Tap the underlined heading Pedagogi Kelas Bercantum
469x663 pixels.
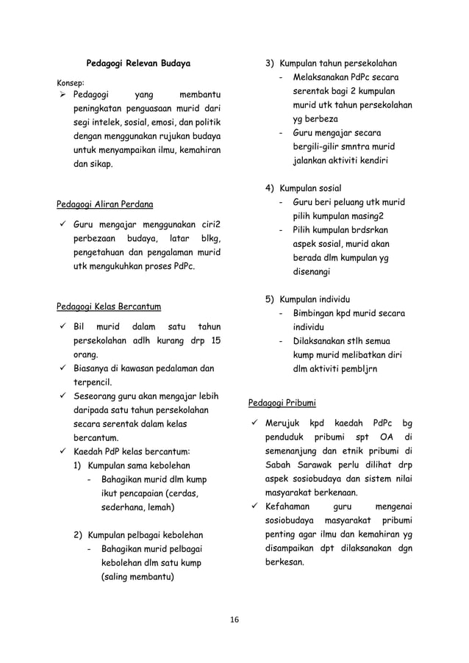(x=109, y=306)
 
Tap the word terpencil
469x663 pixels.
(x=89, y=382)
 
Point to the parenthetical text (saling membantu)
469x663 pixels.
(x=137, y=576)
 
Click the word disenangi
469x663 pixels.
(x=312, y=271)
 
